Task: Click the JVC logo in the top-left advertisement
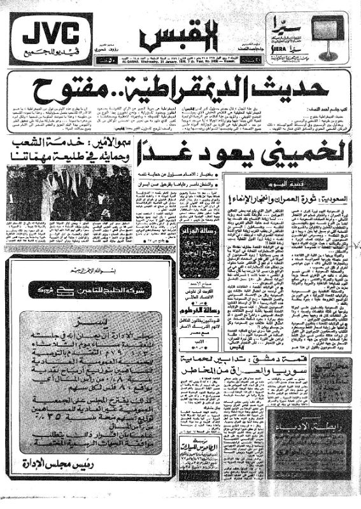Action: point(51,32)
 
